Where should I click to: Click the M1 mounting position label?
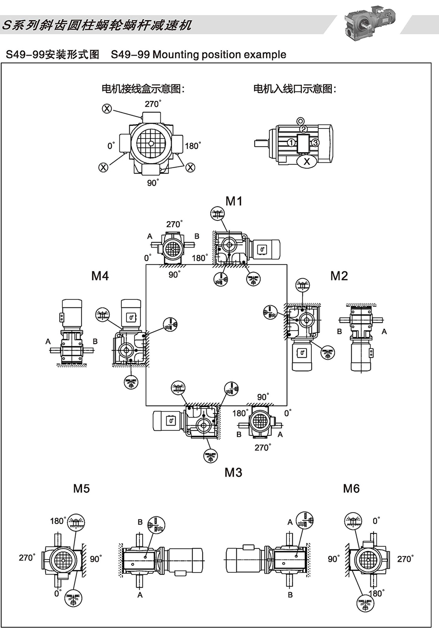click(234, 201)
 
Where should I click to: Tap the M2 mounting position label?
click(339, 275)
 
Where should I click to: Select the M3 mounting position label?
click(233, 472)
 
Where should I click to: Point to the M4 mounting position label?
click(100, 275)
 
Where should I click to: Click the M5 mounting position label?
click(81, 488)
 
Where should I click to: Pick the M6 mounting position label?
click(351, 488)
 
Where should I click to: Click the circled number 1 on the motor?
click(291, 143)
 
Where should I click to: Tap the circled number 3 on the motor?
click(315, 143)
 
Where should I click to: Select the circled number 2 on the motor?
click(304, 129)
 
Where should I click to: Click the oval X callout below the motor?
click(307, 161)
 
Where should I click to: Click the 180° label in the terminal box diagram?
click(193, 146)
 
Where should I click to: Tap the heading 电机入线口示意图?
click(295, 89)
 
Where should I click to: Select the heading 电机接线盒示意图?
click(143, 89)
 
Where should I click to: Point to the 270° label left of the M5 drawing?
click(27, 557)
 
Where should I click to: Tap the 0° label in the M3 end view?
click(287, 413)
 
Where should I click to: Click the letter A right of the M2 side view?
click(384, 331)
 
